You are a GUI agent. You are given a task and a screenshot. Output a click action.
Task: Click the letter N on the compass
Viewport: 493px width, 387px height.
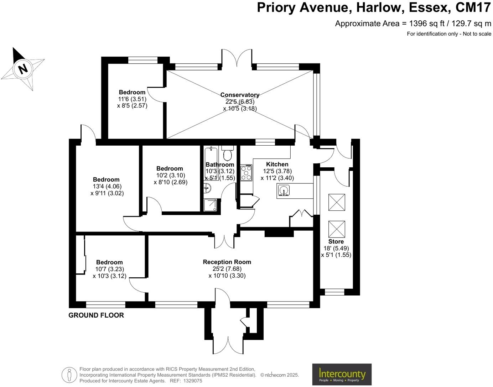(x=23, y=68)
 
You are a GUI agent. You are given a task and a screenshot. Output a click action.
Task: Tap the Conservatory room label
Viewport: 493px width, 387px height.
(x=240, y=95)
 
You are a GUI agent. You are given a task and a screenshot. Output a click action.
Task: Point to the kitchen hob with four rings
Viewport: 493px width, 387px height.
(x=246, y=173)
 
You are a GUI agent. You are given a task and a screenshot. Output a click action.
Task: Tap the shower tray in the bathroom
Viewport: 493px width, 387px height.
(x=210, y=205)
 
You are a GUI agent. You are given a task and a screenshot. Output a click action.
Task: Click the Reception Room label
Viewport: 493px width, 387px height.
(x=227, y=262)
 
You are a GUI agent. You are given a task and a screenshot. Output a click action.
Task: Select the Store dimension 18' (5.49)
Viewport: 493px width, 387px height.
(x=336, y=248)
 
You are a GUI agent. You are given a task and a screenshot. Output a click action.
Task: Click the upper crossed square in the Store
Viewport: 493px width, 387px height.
(x=336, y=203)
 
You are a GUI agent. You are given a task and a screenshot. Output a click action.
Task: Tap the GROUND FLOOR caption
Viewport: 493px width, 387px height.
(x=96, y=315)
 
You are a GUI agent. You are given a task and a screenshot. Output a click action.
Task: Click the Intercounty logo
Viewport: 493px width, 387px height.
(x=342, y=374)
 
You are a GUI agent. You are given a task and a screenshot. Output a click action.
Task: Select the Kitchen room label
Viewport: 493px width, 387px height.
(x=277, y=164)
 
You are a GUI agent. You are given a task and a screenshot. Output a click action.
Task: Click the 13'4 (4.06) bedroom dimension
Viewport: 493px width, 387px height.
(x=106, y=186)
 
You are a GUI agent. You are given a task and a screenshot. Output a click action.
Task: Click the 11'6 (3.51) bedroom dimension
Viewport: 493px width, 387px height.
(x=132, y=99)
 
